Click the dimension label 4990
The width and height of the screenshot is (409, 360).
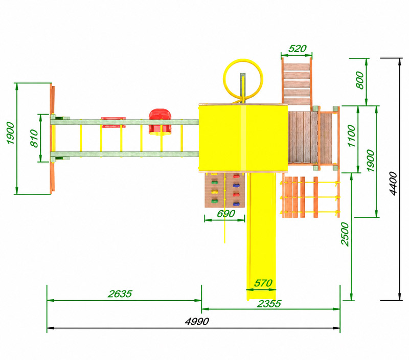197,321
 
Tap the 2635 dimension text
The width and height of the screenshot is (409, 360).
120,294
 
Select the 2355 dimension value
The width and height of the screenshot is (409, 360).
269,304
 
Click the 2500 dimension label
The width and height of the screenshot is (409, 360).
345,234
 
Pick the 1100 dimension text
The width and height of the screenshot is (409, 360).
351,136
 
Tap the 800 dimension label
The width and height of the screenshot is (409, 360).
360,80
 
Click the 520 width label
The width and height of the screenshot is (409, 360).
298,49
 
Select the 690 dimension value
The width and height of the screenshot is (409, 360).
226,214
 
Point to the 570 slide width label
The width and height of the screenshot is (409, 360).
263,283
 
